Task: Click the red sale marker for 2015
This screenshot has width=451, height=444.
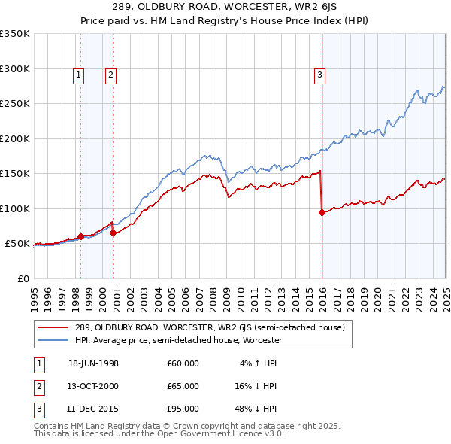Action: point(322,212)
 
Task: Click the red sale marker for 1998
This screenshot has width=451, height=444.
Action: point(80,236)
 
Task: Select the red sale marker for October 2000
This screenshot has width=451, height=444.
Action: point(113,233)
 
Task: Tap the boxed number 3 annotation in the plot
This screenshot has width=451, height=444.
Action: point(319,75)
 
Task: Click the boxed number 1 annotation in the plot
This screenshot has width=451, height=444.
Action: point(79,75)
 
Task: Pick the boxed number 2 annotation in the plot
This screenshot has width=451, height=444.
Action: point(110,75)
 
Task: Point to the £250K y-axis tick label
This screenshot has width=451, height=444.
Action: point(16,104)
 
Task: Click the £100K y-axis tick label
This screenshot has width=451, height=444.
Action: point(16,208)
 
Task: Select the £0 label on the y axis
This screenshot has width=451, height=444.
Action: point(24,278)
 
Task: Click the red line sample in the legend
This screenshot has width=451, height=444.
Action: point(53,327)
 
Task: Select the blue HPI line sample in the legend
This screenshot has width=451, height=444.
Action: point(53,340)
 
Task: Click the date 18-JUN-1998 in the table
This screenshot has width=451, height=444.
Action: point(93,363)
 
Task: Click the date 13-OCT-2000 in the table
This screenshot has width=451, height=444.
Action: point(93,386)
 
